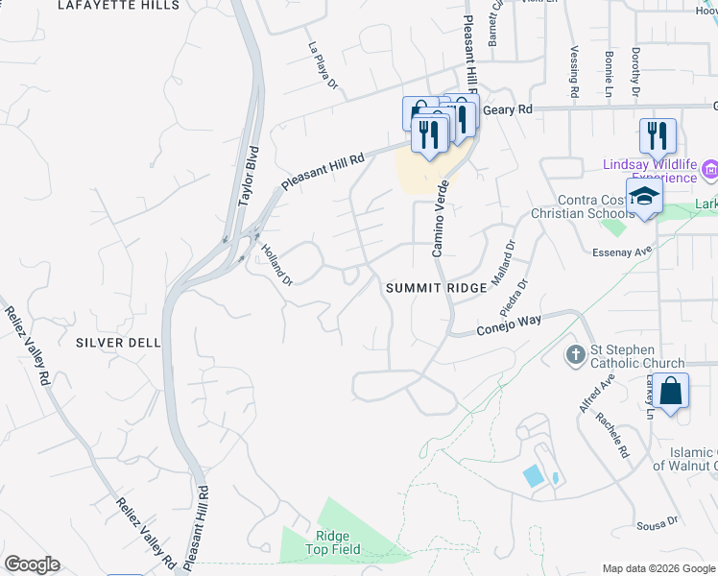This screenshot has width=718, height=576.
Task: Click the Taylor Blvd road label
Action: pyautogui.click(x=248, y=177)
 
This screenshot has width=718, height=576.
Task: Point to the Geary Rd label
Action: pyautogui.click(x=507, y=110)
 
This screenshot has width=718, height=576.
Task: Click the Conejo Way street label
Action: pyautogui.click(x=511, y=326)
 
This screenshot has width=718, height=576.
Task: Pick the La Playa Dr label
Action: pyautogui.click(x=323, y=65)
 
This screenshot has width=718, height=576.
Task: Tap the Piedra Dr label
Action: pyautogui.click(x=515, y=299)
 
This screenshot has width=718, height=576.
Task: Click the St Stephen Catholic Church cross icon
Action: pyautogui.click(x=575, y=355)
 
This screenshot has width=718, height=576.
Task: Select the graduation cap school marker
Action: pyautogui.click(x=645, y=196)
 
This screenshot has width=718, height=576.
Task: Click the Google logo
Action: pyautogui.click(x=32, y=564)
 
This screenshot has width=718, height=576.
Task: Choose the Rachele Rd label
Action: pyautogui.click(x=610, y=436)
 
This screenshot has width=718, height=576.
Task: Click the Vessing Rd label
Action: pyautogui.click(x=574, y=73)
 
